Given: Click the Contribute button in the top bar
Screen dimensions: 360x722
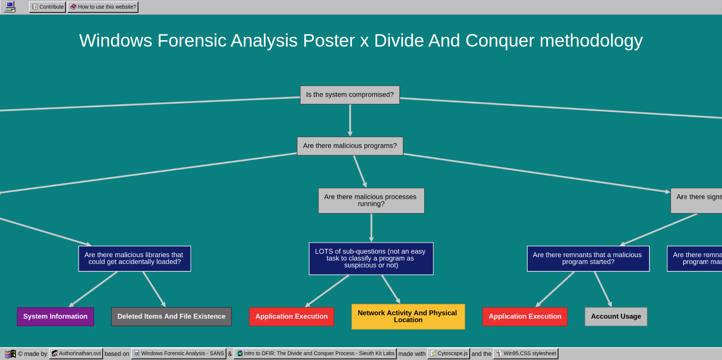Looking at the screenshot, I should [x=47, y=7].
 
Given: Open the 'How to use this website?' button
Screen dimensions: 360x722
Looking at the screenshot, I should [x=103, y=7].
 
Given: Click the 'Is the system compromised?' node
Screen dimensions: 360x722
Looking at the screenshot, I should [x=350, y=95].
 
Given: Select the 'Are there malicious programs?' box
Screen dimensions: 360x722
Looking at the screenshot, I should [x=350, y=146].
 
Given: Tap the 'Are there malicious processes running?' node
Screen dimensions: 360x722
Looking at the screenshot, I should [x=371, y=200].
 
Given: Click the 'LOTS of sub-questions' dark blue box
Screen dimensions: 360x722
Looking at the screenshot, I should [x=371, y=259].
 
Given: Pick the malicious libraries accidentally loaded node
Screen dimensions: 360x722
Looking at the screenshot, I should [x=134, y=259].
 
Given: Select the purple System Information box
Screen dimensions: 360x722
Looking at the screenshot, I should [x=55, y=316].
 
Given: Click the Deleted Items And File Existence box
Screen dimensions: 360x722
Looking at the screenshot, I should [x=171, y=316].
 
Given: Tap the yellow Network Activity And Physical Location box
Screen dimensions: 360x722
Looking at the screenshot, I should [x=408, y=316].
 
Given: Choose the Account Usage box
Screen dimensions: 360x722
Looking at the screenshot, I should [x=616, y=316].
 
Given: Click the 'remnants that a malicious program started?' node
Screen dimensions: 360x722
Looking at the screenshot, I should [x=588, y=259].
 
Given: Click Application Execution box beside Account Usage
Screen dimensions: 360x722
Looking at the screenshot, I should [x=525, y=316].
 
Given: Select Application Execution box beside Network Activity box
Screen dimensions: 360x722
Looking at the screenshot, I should [x=291, y=316].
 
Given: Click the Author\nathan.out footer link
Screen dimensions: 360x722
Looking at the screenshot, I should [x=76, y=353].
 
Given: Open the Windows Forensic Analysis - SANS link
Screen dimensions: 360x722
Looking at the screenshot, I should [x=179, y=353].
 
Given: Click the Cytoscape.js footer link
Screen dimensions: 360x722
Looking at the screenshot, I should [x=449, y=353].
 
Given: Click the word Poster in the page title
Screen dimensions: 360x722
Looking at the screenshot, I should [x=329, y=41].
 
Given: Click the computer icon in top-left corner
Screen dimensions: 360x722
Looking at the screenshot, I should [x=10, y=7].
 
